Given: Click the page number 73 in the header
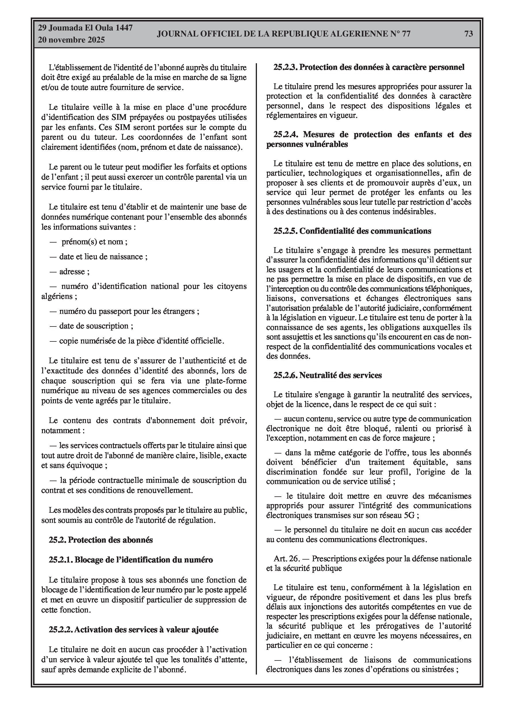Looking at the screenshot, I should point(468,34).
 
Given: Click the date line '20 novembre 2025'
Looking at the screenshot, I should point(71,40).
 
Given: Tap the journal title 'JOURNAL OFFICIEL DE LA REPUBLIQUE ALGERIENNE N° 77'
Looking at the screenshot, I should point(284,34).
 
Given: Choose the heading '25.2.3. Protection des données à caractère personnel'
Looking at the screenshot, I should point(369,67).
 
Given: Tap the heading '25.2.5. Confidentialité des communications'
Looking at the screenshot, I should point(352,231).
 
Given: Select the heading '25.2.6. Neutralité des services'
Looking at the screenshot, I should point(328,375).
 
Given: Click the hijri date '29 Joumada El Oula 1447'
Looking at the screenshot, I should point(85,28).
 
